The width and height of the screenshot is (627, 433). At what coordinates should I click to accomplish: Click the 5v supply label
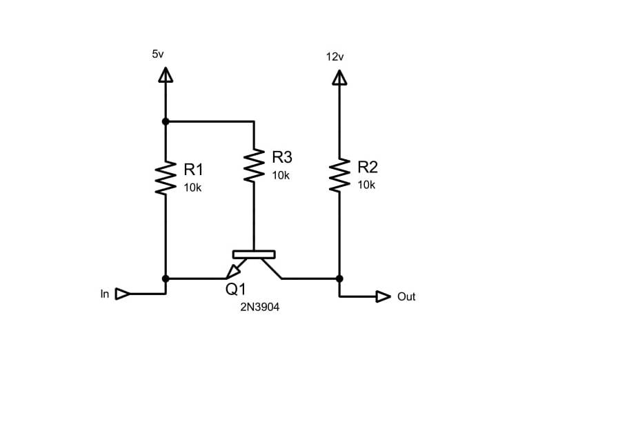(157, 53)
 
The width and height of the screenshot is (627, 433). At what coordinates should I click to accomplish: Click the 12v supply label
(335, 57)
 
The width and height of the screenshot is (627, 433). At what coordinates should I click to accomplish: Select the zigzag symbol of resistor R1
(165, 178)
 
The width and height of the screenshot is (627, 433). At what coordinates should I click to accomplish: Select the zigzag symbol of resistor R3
(254, 165)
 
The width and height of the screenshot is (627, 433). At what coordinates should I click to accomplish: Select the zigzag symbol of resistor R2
(339, 175)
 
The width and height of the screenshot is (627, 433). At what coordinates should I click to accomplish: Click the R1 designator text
(194, 170)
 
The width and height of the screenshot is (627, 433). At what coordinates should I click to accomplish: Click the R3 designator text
(282, 157)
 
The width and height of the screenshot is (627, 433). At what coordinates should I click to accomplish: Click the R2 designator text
(368, 167)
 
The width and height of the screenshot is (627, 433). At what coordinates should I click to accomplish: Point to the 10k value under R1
(192, 188)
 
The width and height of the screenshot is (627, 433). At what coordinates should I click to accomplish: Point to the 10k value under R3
(281, 175)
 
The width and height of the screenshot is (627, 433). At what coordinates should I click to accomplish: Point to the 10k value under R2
(366, 185)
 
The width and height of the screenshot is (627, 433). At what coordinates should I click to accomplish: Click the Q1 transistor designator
(236, 290)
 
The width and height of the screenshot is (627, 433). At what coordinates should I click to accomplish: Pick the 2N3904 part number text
(259, 308)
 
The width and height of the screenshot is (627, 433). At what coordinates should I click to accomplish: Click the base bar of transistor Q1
(254, 254)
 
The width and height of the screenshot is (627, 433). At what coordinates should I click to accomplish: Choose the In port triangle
(122, 294)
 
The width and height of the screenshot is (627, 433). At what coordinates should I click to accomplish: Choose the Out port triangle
(383, 296)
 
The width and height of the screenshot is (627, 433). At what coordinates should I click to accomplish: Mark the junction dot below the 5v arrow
(165, 121)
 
